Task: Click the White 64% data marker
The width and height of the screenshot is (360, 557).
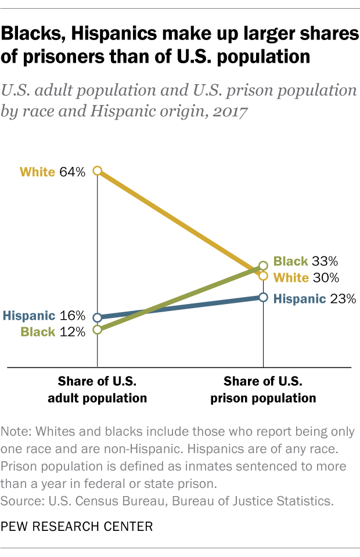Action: pos(98,171)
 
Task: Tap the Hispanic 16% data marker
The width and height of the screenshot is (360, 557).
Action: pos(98,317)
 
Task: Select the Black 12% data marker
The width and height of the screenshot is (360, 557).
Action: pos(98,330)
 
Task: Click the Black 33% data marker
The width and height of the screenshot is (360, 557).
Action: pos(263,265)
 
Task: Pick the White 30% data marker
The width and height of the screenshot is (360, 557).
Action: pos(263,276)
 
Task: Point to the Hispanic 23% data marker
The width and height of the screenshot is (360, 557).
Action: pos(263,297)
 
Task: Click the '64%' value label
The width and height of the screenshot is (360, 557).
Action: pos(72,172)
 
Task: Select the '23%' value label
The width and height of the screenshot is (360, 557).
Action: pos(343,299)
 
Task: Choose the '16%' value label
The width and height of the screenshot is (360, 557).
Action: pos(72,316)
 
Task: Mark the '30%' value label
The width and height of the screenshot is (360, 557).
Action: pos(325,278)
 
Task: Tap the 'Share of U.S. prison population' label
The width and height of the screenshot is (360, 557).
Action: pos(263,390)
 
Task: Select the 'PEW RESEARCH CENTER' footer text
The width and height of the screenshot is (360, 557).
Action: pos(77,527)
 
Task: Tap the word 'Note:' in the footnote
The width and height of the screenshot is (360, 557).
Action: pos(16,432)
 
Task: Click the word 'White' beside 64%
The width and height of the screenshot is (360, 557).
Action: pos(38,172)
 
